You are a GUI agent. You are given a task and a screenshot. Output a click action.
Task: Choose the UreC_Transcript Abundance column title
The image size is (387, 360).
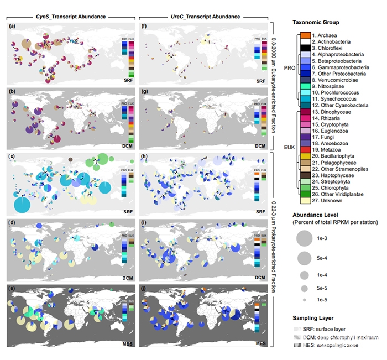(x=205, y=17)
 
